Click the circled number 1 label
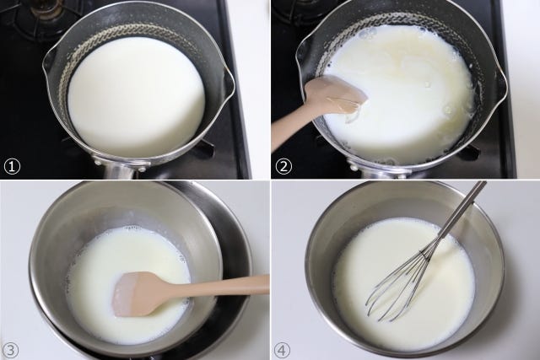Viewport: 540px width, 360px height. (x=12, y=167)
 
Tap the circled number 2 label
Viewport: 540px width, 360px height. (x=283, y=167)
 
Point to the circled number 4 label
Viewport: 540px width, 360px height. (x=282, y=350)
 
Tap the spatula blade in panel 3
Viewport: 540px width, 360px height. (x=137, y=293)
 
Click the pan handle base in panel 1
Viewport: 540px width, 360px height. (x=118, y=168)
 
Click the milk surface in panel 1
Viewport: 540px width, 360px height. (x=136, y=97)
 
